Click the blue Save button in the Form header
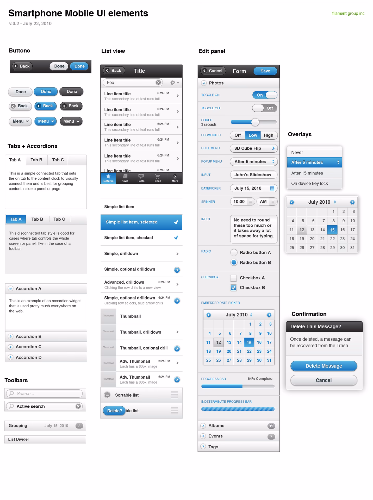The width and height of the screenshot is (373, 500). [265, 71]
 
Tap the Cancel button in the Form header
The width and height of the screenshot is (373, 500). [213, 71]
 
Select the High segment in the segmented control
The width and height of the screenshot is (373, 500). [268, 135]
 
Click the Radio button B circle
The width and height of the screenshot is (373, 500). [234, 262]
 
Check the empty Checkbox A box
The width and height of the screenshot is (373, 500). [233, 278]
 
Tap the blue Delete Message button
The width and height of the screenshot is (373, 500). [324, 366]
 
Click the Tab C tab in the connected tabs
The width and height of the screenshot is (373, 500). [58, 160]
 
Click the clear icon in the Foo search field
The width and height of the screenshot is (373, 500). [158, 83]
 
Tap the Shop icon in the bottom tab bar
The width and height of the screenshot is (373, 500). [158, 178]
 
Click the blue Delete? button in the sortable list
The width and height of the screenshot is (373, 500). [114, 411]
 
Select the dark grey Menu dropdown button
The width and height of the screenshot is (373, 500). [71, 121]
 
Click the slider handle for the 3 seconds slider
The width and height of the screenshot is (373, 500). [255, 122]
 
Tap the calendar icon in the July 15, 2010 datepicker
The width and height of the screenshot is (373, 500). [272, 188]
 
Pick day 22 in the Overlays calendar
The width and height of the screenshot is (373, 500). [332, 239]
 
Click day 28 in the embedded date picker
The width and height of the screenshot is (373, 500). [239, 360]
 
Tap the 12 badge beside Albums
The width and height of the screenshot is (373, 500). [271, 426]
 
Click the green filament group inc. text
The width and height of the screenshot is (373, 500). [349, 14]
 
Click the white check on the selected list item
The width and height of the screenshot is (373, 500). [176, 222]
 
